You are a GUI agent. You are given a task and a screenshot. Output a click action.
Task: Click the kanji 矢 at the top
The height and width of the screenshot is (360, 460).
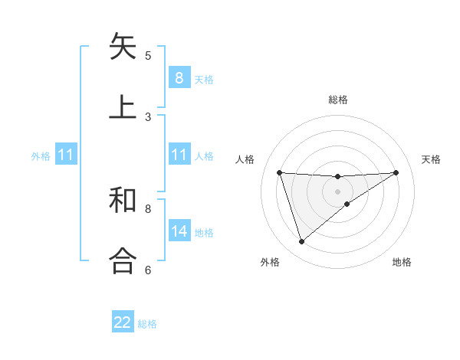pyautogui.click(x=123, y=47)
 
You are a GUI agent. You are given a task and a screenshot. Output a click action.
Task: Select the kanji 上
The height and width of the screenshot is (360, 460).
pyautogui.click(x=123, y=107)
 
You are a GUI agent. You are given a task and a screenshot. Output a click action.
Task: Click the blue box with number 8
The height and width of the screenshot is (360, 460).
pyautogui.click(x=179, y=77)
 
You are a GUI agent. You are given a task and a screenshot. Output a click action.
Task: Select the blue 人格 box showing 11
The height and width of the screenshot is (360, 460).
pyautogui.click(x=179, y=155)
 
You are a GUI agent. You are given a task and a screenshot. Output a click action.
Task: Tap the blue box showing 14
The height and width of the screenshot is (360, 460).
pyautogui.click(x=179, y=231)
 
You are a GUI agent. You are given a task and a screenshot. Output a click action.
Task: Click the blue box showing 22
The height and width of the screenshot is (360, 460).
pyautogui.click(x=123, y=322)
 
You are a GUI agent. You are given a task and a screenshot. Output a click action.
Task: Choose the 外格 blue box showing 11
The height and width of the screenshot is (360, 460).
pyautogui.click(x=65, y=155)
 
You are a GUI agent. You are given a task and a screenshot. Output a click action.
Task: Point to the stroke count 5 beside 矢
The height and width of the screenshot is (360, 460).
pyautogui.click(x=148, y=55)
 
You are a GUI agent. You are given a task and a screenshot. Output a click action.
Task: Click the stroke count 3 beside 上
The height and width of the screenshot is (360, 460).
pyautogui.click(x=148, y=116)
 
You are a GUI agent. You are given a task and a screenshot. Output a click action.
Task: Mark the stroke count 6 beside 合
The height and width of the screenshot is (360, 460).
pyautogui.click(x=148, y=270)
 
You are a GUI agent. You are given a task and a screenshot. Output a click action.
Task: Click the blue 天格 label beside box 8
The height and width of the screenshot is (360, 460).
pyautogui.click(x=204, y=79)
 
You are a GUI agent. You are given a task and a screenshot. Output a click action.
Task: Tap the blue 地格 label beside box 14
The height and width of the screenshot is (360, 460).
pyautogui.click(x=204, y=233)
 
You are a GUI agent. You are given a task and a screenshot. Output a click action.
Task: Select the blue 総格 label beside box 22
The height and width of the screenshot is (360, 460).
pyautogui.click(x=147, y=324)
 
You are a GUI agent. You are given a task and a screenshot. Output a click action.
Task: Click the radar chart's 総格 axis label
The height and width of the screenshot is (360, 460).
pyautogui.click(x=338, y=100)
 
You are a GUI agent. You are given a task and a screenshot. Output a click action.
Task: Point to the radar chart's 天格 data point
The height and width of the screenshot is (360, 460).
pyautogui.click(x=396, y=172)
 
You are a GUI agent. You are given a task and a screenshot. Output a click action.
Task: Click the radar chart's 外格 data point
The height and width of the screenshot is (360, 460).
pyautogui.click(x=301, y=242)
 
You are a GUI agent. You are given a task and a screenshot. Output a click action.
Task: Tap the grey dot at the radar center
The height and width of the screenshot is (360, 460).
pyautogui.click(x=338, y=191)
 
